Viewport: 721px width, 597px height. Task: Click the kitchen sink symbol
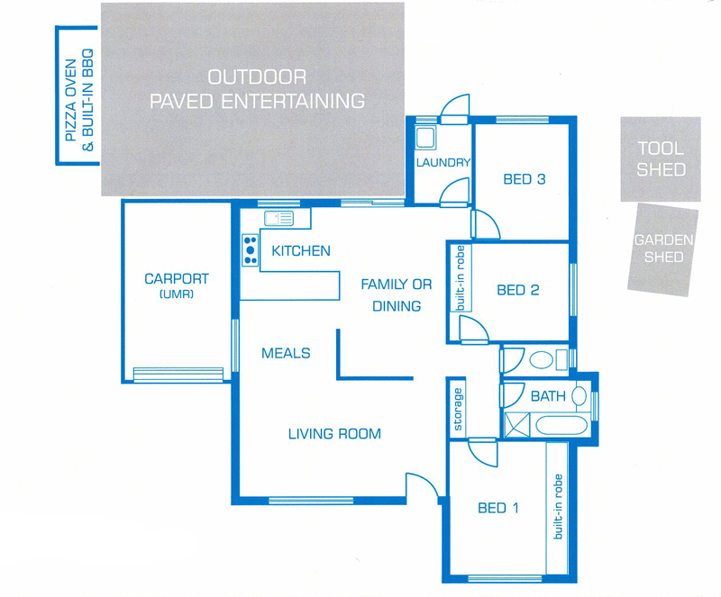point(278,218)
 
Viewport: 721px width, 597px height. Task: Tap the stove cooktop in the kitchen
point(251,250)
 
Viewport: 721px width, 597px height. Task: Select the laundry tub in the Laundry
point(425,138)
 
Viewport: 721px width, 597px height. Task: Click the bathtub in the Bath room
point(561,425)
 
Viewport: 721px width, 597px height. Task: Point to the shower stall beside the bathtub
point(516,425)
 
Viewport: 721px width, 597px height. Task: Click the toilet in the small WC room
point(541,360)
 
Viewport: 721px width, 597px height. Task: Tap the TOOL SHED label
point(661,159)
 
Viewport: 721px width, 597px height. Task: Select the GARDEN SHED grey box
point(663,249)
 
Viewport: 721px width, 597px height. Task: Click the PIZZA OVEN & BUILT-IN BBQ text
point(79,99)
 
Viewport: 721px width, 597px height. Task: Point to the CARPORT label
point(177,278)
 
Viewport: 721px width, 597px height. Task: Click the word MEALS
point(286,353)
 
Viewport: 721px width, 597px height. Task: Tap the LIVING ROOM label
point(334,434)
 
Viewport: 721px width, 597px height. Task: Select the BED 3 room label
point(525,179)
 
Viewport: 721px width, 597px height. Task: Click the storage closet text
point(458,410)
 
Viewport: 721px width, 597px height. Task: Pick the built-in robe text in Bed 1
point(558,506)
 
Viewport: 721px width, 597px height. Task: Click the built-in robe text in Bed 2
point(461,278)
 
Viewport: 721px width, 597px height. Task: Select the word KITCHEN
point(301,250)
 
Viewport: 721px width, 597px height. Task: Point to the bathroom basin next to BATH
point(579,395)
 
